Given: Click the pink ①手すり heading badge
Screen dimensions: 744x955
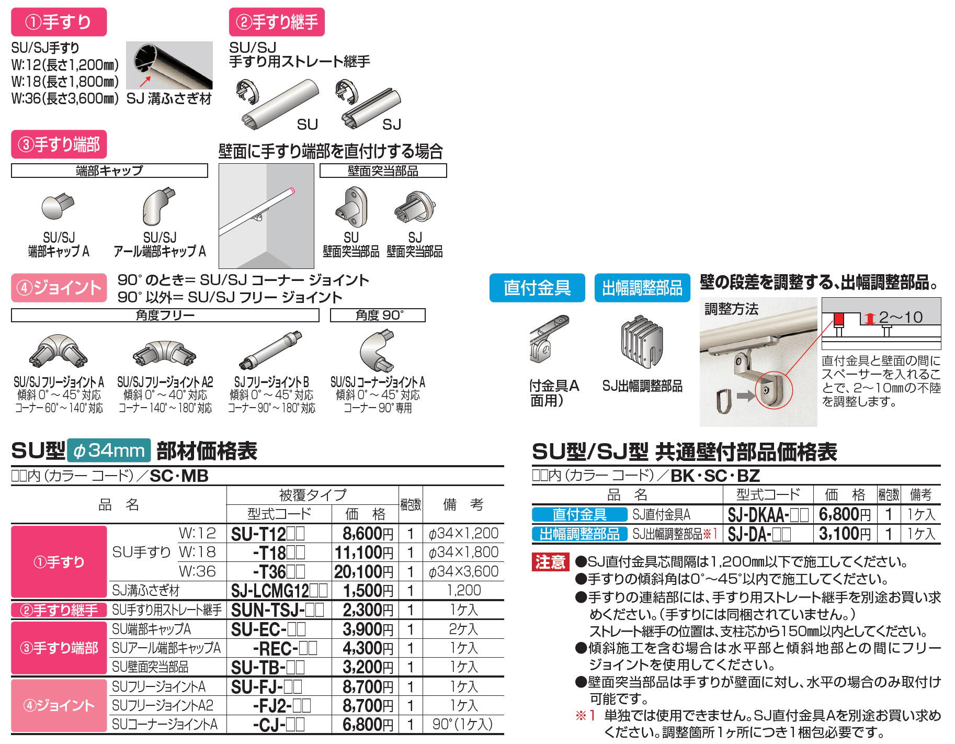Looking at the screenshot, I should coord(59,22).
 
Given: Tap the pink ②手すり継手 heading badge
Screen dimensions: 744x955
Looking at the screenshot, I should coord(277,22).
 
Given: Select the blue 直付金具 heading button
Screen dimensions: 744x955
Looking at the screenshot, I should coord(537,288).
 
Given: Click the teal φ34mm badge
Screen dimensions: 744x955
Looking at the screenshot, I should coord(109,450).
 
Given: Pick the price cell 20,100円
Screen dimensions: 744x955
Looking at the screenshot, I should coord(364,572).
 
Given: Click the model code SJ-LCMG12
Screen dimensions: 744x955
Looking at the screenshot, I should coord(278,591).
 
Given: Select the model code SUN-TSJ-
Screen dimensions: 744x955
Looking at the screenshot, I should coord(277,610).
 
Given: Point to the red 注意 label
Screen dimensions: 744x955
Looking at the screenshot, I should coord(550,562).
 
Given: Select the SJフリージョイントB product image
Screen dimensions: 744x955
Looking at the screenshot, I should coord(271,351).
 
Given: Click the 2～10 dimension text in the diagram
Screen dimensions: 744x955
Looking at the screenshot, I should coord(900,317).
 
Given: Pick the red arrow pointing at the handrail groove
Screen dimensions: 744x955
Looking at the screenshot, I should coord(145,81).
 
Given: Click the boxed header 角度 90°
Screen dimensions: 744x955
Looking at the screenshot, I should coord(378,315).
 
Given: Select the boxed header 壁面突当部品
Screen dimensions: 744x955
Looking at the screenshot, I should coord(383,171).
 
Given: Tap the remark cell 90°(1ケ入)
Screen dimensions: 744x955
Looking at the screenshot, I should coord(462,725).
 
